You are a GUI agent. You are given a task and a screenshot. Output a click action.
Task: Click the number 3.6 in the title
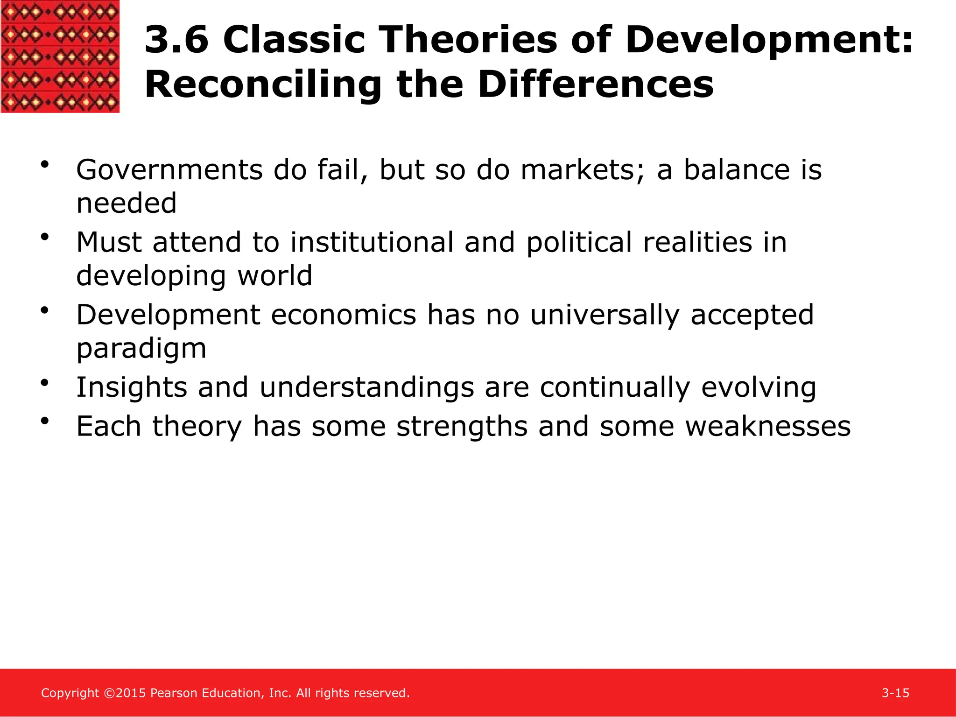pos(176,40)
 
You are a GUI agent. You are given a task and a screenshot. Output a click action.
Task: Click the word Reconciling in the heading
pos(263,85)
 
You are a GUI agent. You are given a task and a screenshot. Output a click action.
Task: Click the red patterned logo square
pos(60,56)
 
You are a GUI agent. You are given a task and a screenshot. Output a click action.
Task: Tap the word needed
pos(127,204)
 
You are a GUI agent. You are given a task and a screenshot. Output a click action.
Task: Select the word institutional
pos(372,243)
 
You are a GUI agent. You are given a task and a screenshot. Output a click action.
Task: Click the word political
pos(579,243)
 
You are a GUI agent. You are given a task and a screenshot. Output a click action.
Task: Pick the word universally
pos(605,315)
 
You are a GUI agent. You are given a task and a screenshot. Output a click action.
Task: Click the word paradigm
pos(141,349)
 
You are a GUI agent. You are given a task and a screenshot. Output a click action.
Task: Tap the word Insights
pos(131,387)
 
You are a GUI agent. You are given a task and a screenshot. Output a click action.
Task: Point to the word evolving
pos(759,387)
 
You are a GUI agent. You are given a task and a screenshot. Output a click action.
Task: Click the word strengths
pos(462,426)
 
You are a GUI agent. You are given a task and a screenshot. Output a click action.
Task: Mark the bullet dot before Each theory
pos(45,421)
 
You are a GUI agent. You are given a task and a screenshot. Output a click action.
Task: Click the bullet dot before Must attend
pos(45,237)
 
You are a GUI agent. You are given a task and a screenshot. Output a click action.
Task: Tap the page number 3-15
pos(895,693)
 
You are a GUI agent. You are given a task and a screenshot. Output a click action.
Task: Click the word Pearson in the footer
pos(174,693)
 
